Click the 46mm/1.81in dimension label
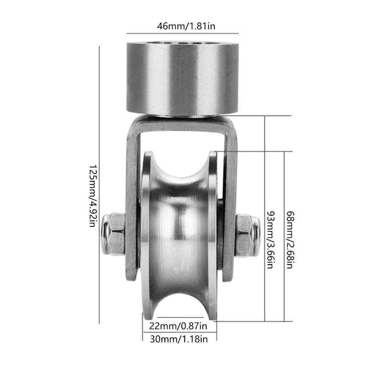[183, 26]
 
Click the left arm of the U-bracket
[131, 201]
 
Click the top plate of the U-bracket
[182, 123]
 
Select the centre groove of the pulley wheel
[179, 238]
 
